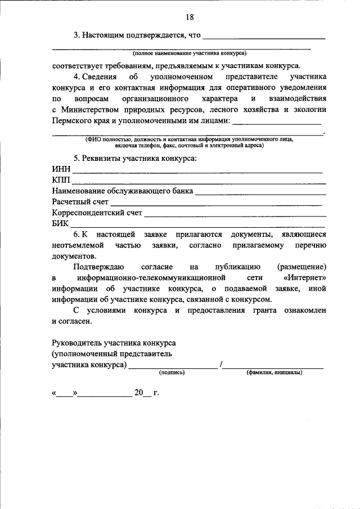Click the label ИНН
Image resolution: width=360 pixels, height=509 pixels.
point(61,170)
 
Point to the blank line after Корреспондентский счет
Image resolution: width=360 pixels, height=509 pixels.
point(235,215)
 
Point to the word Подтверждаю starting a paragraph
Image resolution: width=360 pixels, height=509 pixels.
point(97,267)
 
